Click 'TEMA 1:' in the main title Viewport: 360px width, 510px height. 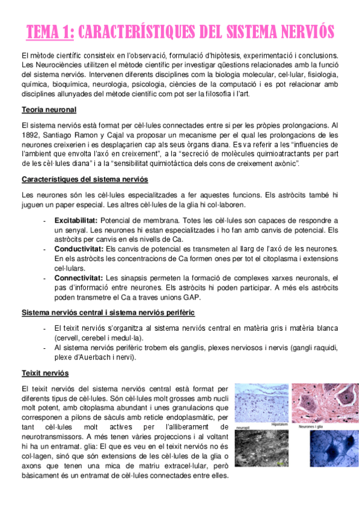(50, 32)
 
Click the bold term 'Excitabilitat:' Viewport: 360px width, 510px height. (77, 221)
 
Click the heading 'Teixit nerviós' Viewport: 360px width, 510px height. (44, 373)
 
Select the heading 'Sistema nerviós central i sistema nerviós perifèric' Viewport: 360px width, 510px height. (108, 313)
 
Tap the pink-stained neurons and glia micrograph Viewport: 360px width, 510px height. (325, 403)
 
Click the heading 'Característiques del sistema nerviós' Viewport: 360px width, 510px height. (85, 179)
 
